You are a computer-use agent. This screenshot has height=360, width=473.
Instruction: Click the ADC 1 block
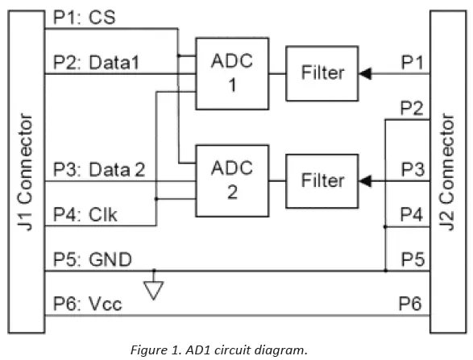(x=230, y=72)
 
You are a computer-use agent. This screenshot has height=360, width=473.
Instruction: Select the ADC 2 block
(x=231, y=180)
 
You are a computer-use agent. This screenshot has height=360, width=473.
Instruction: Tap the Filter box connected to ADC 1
(x=322, y=72)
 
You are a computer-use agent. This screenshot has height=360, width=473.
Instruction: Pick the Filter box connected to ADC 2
(x=322, y=180)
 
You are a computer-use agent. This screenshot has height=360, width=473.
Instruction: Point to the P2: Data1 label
(x=95, y=61)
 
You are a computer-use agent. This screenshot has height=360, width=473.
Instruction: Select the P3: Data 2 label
(x=99, y=169)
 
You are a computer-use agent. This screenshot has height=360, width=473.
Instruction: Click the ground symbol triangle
(x=155, y=290)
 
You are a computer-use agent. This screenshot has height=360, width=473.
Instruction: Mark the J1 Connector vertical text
(x=25, y=172)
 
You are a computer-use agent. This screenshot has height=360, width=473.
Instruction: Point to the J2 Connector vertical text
(x=449, y=172)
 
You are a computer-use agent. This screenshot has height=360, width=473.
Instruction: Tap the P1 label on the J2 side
(x=412, y=61)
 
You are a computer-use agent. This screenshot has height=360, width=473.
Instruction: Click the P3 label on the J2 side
(x=412, y=169)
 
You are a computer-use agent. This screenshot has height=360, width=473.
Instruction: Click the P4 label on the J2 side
(x=412, y=214)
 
